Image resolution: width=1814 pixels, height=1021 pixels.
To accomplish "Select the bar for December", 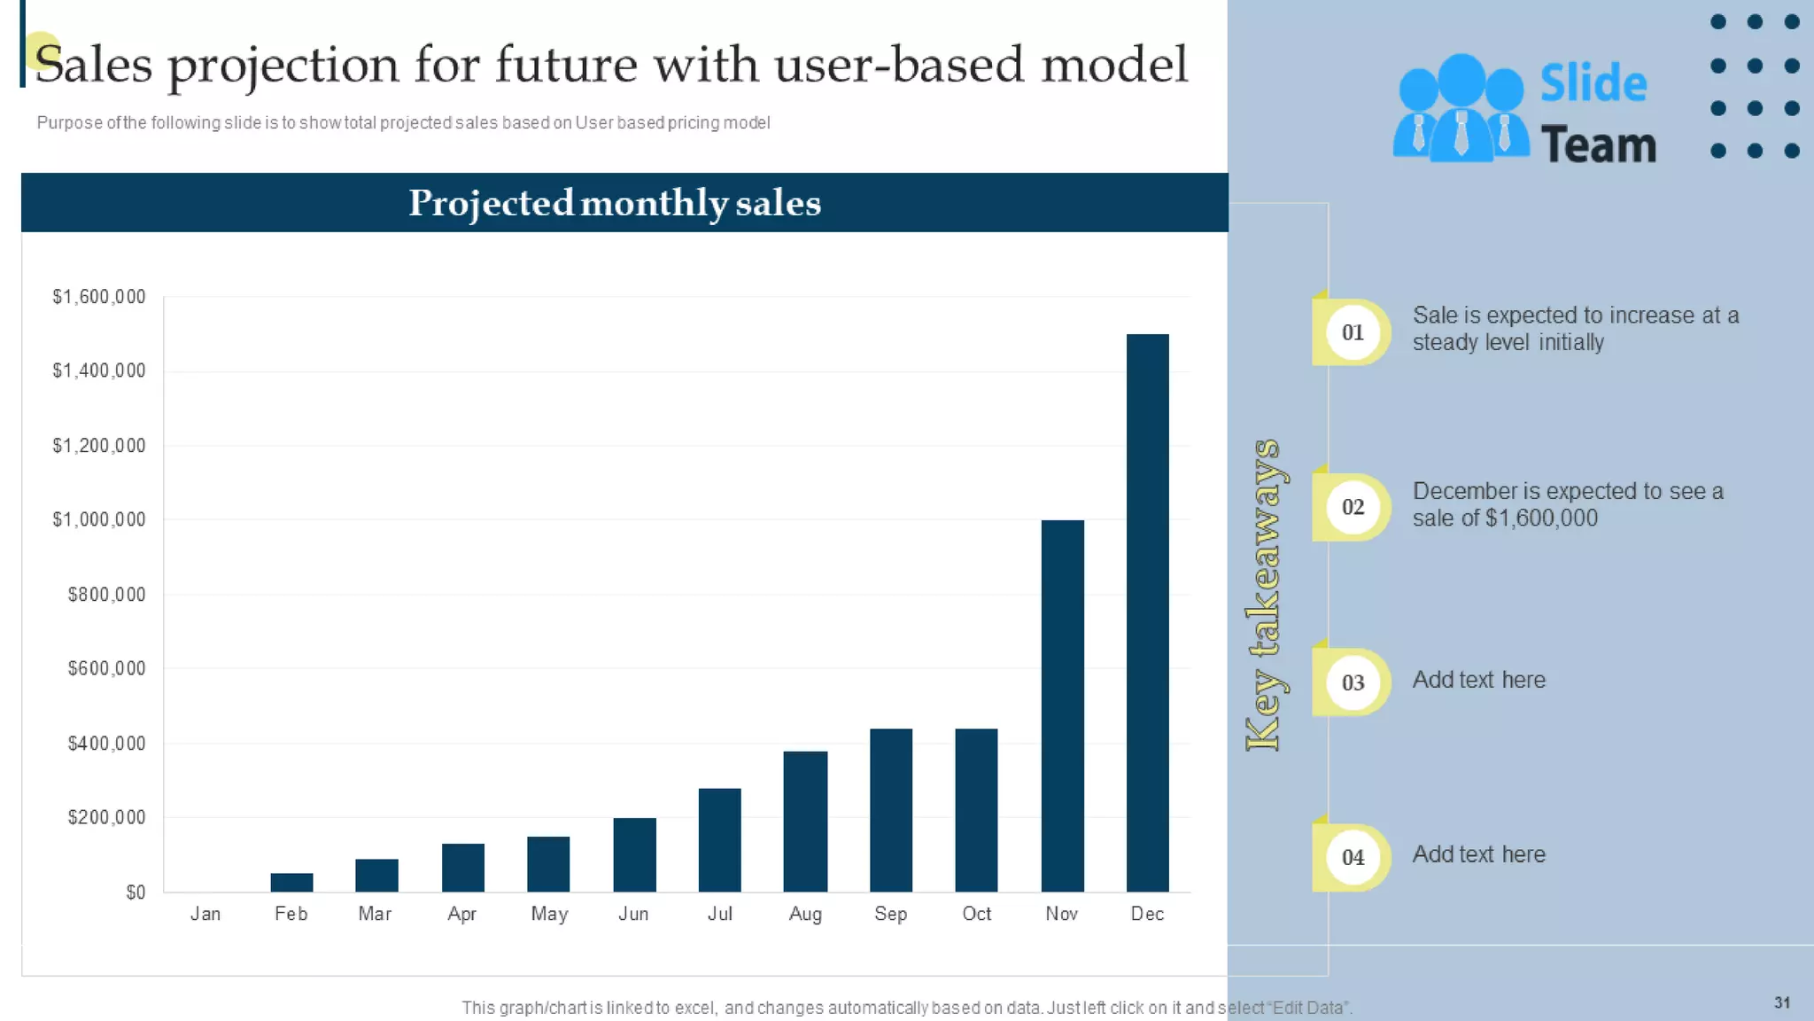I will (1147, 612).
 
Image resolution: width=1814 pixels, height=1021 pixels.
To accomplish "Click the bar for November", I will (1062, 705).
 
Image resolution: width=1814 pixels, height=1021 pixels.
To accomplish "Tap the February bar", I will (291, 882).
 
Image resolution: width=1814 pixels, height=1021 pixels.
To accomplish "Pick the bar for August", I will (805, 821).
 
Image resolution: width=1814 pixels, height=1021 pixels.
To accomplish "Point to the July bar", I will (719, 839).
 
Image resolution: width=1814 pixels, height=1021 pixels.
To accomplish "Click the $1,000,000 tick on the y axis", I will (98, 519).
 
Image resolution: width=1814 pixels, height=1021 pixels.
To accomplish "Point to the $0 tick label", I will (136, 892).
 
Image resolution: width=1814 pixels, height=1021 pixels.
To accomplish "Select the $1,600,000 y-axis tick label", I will (98, 297).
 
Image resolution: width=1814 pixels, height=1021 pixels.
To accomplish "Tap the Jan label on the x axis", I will (205, 914).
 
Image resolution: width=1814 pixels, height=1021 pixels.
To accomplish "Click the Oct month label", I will (976, 914).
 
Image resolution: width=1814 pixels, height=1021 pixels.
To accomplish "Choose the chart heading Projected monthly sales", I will (615, 203).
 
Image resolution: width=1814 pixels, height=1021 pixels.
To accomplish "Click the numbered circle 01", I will (1353, 332).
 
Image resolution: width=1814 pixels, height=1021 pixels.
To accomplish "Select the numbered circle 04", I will (1353, 857).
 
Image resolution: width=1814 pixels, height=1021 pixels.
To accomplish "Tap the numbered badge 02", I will (1353, 507).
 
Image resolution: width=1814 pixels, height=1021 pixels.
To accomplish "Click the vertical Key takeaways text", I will (1266, 594).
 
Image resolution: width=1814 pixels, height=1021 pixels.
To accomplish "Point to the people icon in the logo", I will (1461, 109).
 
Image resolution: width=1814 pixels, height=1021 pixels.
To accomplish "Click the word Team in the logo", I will (1598, 144).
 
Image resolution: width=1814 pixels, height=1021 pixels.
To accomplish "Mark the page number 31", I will (1782, 1002).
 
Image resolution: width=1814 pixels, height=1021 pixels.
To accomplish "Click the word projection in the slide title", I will (283, 66).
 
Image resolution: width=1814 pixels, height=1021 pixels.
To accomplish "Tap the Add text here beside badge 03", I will (1478, 680).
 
